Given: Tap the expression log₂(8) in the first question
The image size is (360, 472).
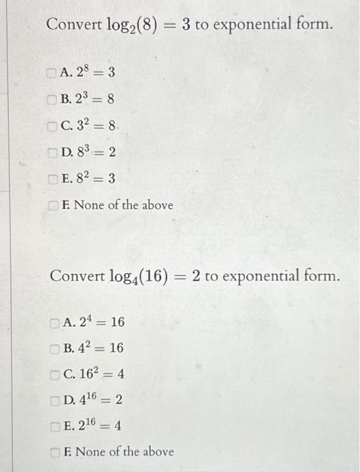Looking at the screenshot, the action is [131, 26].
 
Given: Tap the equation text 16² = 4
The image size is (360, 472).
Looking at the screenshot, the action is [102, 374].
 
